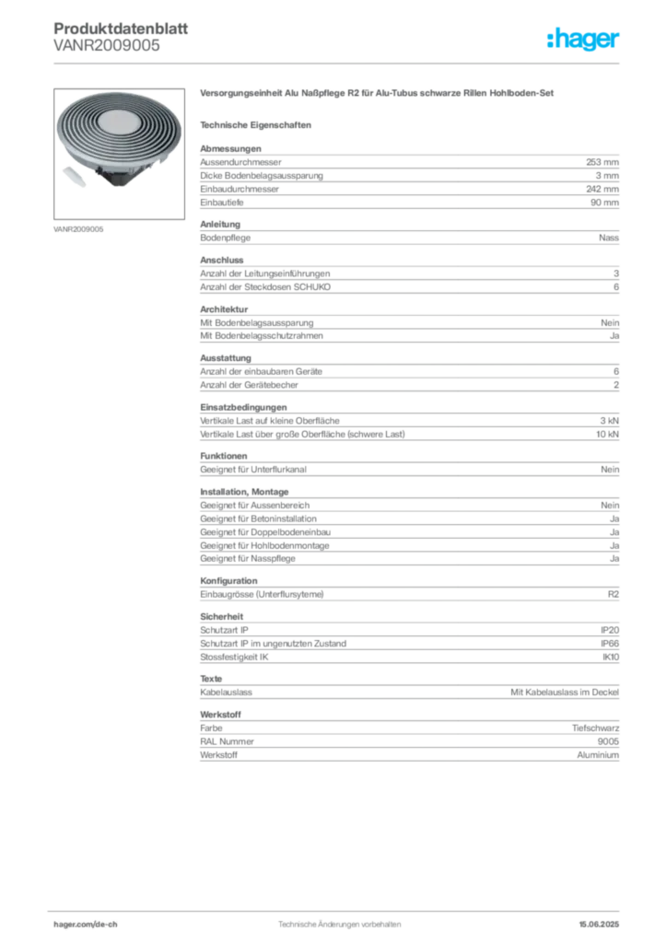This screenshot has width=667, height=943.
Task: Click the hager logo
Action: [x=582, y=39]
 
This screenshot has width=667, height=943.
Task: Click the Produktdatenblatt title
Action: [x=121, y=29]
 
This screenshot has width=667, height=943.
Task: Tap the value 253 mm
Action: [x=602, y=162]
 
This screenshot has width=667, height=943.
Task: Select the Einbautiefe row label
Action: [x=222, y=203]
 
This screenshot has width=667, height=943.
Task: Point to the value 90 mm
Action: [x=604, y=203]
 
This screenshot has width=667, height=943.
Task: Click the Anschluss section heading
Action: [x=222, y=261]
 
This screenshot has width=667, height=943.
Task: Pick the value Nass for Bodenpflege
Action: [x=609, y=238]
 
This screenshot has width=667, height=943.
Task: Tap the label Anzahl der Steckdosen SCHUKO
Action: [x=265, y=287]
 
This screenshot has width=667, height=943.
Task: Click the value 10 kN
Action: [x=607, y=435]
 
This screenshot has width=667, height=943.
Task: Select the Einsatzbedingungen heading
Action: [x=243, y=407]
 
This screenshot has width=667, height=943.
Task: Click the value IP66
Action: [x=610, y=644]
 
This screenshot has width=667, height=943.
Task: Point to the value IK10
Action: [x=611, y=658]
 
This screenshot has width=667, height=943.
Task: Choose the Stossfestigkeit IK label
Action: [x=234, y=658]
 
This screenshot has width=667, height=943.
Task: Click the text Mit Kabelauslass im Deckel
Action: [x=565, y=693]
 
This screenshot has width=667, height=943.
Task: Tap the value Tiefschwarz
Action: [x=595, y=728]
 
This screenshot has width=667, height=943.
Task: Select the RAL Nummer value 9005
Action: [x=608, y=741]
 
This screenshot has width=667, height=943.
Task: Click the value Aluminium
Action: [x=598, y=755]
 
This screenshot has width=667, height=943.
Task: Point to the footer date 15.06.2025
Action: [x=599, y=925]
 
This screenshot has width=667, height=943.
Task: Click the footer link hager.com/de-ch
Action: [x=86, y=925]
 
